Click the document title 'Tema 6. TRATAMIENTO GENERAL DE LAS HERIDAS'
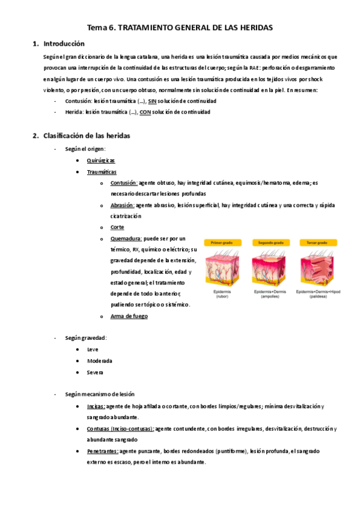(x=180, y=28)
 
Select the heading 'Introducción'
(x=64, y=44)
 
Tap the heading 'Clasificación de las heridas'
(x=87, y=135)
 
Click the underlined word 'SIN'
(x=152, y=101)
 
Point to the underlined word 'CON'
(x=146, y=112)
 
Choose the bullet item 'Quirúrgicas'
(x=100, y=161)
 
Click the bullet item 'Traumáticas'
(x=102, y=172)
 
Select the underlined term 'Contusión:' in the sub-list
(x=124, y=183)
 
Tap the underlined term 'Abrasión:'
(x=123, y=205)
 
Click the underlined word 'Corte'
(x=117, y=227)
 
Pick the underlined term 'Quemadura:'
(x=127, y=238)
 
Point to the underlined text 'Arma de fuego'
(x=129, y=316)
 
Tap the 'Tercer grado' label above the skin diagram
(x=320, y=242)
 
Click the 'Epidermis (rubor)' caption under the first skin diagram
(x=222, y=293)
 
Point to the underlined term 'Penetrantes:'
(x=102, y=450)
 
